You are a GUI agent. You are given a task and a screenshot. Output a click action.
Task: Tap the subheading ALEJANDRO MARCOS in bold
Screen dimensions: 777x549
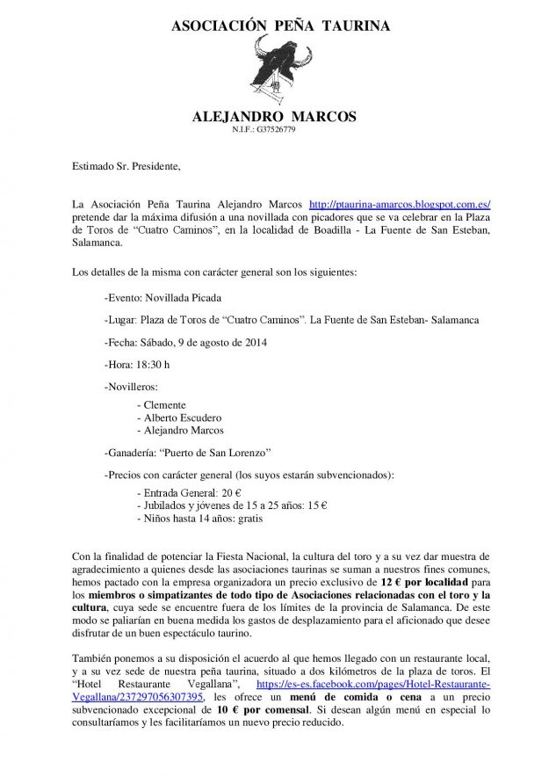tap(274, 116)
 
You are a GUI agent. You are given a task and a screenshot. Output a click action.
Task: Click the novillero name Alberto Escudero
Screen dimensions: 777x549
tap(183, 418)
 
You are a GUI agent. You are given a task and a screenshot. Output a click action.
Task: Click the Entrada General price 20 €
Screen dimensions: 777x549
tap(232, 493)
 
